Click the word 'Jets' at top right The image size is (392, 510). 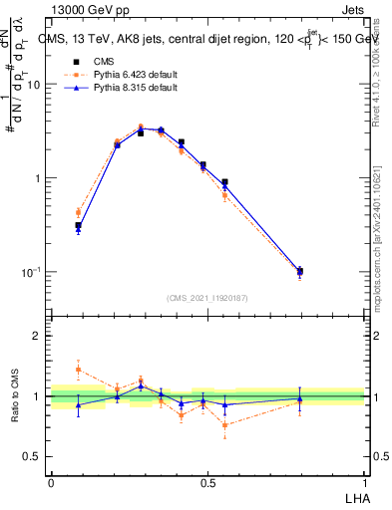click(354, 9)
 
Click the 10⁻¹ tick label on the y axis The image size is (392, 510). click(30, 272)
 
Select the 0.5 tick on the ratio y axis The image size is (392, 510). click(32, 457)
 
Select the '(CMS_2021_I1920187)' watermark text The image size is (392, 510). click(207, 297)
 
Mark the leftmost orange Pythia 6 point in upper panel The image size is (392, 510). click(78, 212)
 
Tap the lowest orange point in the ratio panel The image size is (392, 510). click(225, 425)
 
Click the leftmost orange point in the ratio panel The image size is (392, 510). click(78, 370)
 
